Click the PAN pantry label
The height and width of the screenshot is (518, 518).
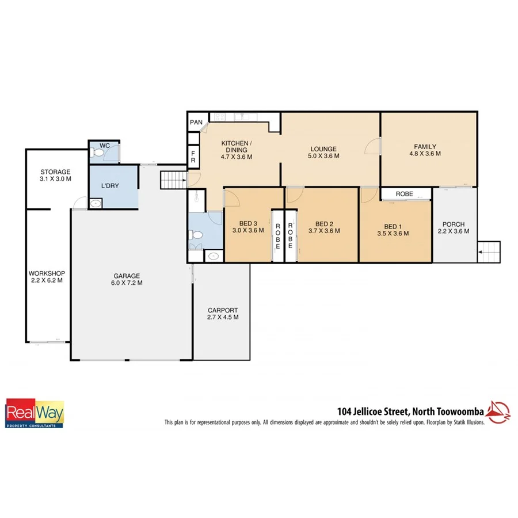(x=196, y=122)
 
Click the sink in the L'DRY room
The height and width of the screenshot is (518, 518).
(x=95, y=203)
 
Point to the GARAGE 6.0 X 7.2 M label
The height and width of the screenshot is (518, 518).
(x=127, y=279)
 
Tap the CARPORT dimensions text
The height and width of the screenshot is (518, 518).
(x=222, y=317)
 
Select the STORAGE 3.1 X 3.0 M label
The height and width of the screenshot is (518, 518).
(x=55, y=176)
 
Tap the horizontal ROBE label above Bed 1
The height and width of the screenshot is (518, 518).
(x=404, y=195)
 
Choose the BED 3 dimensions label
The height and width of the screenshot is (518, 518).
(x=247, y=231)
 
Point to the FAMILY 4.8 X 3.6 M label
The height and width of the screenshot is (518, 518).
(x=425, y=150)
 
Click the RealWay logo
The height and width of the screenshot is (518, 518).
(x=35, y=413)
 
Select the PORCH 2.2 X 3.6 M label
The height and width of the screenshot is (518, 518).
(x=454, y=228)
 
